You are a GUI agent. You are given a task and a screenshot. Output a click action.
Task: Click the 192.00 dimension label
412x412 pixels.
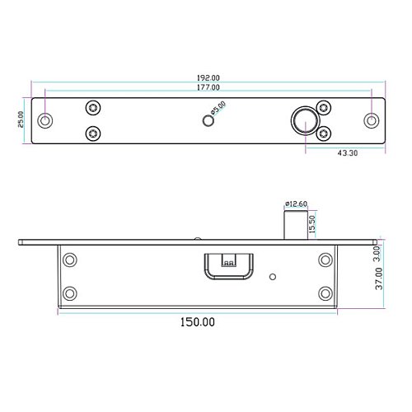click(x=208, y=77)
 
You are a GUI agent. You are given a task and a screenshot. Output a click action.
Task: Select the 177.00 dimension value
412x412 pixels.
click(x=208, y=87)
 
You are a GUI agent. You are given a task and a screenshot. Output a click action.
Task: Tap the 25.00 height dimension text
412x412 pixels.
click(x=21, y=119)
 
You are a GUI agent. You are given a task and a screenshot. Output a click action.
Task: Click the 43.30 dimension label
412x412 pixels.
click(x=348, y=153)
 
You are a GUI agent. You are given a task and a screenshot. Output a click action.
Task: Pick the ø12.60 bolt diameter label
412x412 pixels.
click(x=296, y=204)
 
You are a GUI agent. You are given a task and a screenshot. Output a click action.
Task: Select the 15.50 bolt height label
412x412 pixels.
click(x=312, y=224)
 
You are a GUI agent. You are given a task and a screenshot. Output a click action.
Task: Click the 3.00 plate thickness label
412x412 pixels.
click(x=377, y=254)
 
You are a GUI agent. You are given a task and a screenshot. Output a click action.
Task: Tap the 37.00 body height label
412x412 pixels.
click(x=379, y=279)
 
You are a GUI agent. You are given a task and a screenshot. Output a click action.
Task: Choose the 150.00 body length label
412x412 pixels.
click(x=198, y=322)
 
